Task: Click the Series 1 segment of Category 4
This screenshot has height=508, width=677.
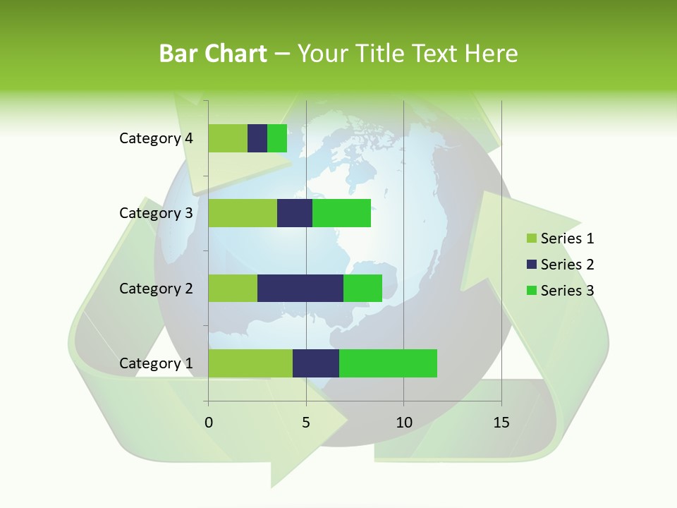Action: coord(228,138)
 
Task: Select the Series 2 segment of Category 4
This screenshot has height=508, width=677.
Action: coord(257,138)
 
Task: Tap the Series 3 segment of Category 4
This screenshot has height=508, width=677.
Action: coord(277,138)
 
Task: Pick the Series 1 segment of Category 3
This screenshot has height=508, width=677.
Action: coord(243,213)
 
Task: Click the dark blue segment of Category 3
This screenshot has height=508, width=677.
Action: coord(295,213)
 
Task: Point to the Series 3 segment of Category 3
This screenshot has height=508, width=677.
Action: coord(341,213)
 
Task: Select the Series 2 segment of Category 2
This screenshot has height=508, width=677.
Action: coord(300,288)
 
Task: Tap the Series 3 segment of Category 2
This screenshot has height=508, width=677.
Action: coord(362,288)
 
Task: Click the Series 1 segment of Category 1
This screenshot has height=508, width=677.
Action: coord(250,363)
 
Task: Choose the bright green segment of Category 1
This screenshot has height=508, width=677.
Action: coord(388,363)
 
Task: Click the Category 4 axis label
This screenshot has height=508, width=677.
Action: coord(156,138)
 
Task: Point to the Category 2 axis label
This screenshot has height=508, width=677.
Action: coord(156,288)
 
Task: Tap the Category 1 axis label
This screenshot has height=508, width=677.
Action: coord(156,363)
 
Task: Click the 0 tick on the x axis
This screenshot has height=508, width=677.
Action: coord(209,423)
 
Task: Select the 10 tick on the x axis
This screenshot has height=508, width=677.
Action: coord(403,423)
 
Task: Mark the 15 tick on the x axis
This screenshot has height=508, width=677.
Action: coord(501,423)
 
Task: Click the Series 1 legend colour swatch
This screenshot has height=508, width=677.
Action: coord(531,238)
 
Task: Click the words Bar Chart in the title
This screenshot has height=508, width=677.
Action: coord(212,53)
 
